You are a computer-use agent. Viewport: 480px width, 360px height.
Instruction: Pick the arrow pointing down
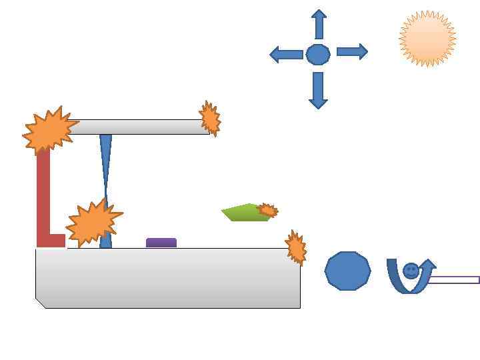point(318,90)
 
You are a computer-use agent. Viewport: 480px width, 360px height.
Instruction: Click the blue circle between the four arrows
point(318,54)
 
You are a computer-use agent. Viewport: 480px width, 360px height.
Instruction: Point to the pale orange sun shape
point(427,39)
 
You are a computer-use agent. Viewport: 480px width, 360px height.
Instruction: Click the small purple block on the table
point(161,243)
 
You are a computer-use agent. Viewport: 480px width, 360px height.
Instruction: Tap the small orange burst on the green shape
point(267,211)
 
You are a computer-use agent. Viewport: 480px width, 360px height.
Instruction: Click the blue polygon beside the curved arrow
point(347,271)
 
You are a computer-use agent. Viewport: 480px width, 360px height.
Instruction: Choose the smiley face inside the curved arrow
point(411,271)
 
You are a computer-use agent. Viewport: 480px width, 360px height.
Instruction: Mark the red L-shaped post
point(43,200)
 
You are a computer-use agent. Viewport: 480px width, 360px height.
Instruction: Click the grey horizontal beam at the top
point(140,127)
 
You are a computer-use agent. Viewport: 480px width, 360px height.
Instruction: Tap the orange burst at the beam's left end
point(48,131)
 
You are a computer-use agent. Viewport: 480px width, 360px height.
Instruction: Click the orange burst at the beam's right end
point(210,119)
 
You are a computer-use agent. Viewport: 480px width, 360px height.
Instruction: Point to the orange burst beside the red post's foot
point(93,222)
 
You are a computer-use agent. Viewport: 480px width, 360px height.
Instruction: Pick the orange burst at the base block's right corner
point(295,247)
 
